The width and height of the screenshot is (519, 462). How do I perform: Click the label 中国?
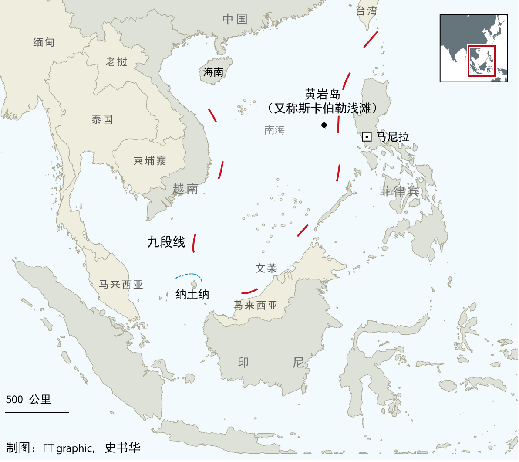click(x=235, y=19)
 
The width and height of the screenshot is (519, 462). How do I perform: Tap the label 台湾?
click(x=366, y=11)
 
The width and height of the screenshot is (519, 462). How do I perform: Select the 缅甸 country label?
click(x=44, y=42)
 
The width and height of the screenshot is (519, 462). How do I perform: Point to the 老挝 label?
click(x=116, y=62)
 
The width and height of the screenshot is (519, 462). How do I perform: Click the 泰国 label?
click(x=102, y=119)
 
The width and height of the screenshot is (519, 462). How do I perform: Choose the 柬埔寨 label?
click(x=150, y=161)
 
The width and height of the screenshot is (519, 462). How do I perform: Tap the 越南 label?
click(x=185, y=188)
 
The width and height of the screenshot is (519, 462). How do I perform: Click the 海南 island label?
click(x=213, y=72)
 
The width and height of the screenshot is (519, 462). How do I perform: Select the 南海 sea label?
click(x=274, y=130)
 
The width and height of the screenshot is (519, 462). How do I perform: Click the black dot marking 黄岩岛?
click(x=324, y=125)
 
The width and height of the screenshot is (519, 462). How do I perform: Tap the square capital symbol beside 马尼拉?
click(x=367, y=137)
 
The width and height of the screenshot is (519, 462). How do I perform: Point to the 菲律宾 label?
click(x=399, y=191)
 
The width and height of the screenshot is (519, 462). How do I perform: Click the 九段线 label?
click(x=166, y=242)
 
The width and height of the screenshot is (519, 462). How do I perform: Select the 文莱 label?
click(x=266, y=268)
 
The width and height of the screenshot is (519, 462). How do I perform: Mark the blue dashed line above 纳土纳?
click(x=189, y=275)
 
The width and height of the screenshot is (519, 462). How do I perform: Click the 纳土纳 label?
click(x=192, y=294)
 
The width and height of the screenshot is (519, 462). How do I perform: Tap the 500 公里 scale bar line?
click(x=37, y=411)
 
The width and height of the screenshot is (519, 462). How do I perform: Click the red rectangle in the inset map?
click(x=482, y=60)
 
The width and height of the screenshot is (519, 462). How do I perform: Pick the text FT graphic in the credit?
click(x=68, y=448)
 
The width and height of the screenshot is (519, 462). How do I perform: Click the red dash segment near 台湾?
click(x=371, y=39)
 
